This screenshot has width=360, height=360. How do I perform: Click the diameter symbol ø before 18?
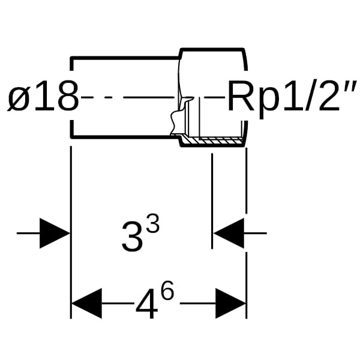tap(19, 98)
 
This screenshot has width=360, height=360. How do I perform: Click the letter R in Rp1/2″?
tap(240, 97)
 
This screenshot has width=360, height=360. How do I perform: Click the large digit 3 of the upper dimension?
tap(133, 236)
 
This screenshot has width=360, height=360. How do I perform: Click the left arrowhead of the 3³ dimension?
tap(55, 233)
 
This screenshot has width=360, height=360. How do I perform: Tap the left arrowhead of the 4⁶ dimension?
tap(87, 303)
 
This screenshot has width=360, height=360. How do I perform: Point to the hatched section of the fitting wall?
tap(213, 142)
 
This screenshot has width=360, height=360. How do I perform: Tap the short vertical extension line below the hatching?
tap(212, 198)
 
